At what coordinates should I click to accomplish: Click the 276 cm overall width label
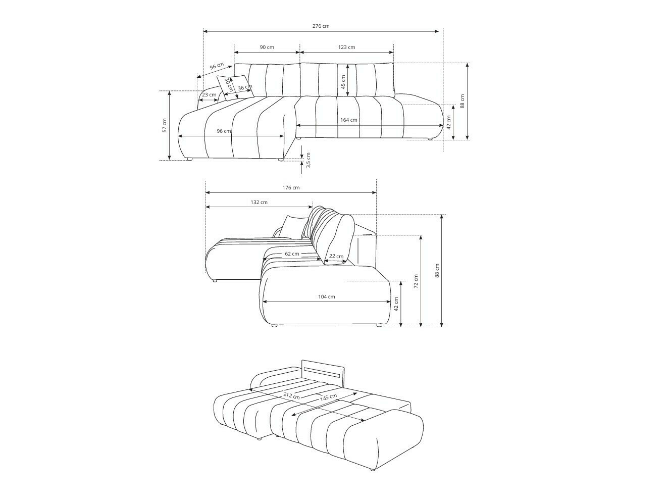pos(321,26)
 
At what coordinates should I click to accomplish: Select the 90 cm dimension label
pos(267,47)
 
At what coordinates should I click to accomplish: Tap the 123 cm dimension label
pos(346,47)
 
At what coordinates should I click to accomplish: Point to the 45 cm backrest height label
pos(343,82)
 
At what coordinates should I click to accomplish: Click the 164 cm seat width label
pos(348,120)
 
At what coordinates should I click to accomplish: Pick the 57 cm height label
pos(164,125)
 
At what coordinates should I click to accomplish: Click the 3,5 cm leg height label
pos(309,160)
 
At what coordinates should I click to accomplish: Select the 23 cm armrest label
pos(209,94)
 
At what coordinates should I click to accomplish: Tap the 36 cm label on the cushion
pos(244,88)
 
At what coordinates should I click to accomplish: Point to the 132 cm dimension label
pos(259,202)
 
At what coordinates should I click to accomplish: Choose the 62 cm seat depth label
pos(291,254)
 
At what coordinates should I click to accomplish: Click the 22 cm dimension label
pos(336,256)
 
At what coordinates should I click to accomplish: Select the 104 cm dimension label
pos(326,296)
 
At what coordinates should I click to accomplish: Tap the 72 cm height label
pos(416,281)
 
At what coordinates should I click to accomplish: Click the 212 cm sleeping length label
pos(291,395)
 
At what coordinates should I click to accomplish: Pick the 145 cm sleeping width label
pos(328,397)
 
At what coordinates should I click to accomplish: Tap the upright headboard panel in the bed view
pos(323,373)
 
